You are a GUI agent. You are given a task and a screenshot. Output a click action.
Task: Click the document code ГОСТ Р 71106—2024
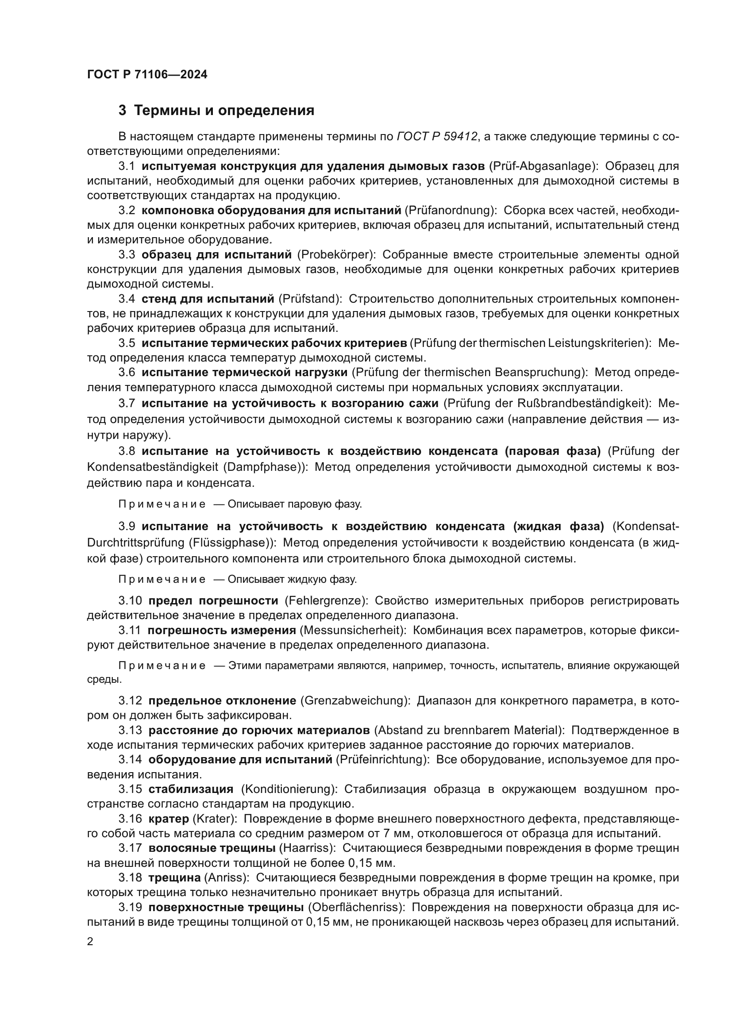[147, 75]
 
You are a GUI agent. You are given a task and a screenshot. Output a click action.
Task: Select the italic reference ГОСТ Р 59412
[437, 137]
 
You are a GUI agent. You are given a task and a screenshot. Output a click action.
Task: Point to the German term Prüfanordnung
[450, 210]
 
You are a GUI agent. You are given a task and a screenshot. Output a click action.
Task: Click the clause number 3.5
[127, 343]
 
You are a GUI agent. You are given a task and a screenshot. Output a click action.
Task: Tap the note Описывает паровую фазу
[294, 504]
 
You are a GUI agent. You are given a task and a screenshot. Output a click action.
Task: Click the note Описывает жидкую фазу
[292, 579]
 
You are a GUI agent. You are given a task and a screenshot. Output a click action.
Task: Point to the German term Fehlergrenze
[326, 600]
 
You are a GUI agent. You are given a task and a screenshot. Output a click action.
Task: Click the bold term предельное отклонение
[222, 700]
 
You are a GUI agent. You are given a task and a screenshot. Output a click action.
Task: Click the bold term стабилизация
[191, 789]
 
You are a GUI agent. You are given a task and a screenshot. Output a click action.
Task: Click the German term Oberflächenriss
[358, 907]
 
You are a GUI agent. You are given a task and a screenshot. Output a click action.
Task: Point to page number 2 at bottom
[90, 942]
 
